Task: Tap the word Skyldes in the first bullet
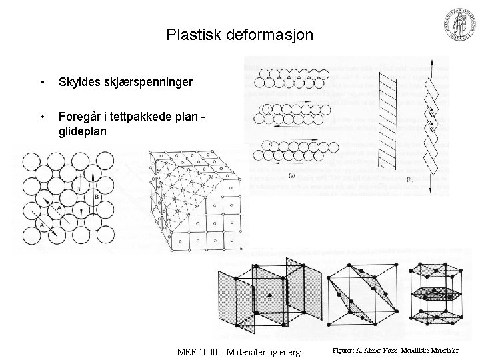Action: click(x=79, y=82)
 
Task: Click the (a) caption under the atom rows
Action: click(x=291, y=176)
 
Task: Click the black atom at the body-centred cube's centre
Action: click(x=269, y=294)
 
